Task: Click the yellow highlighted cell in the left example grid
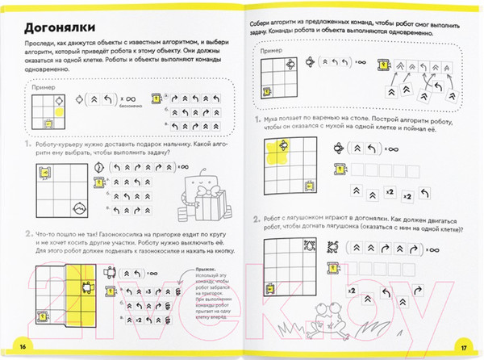(49, 123)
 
